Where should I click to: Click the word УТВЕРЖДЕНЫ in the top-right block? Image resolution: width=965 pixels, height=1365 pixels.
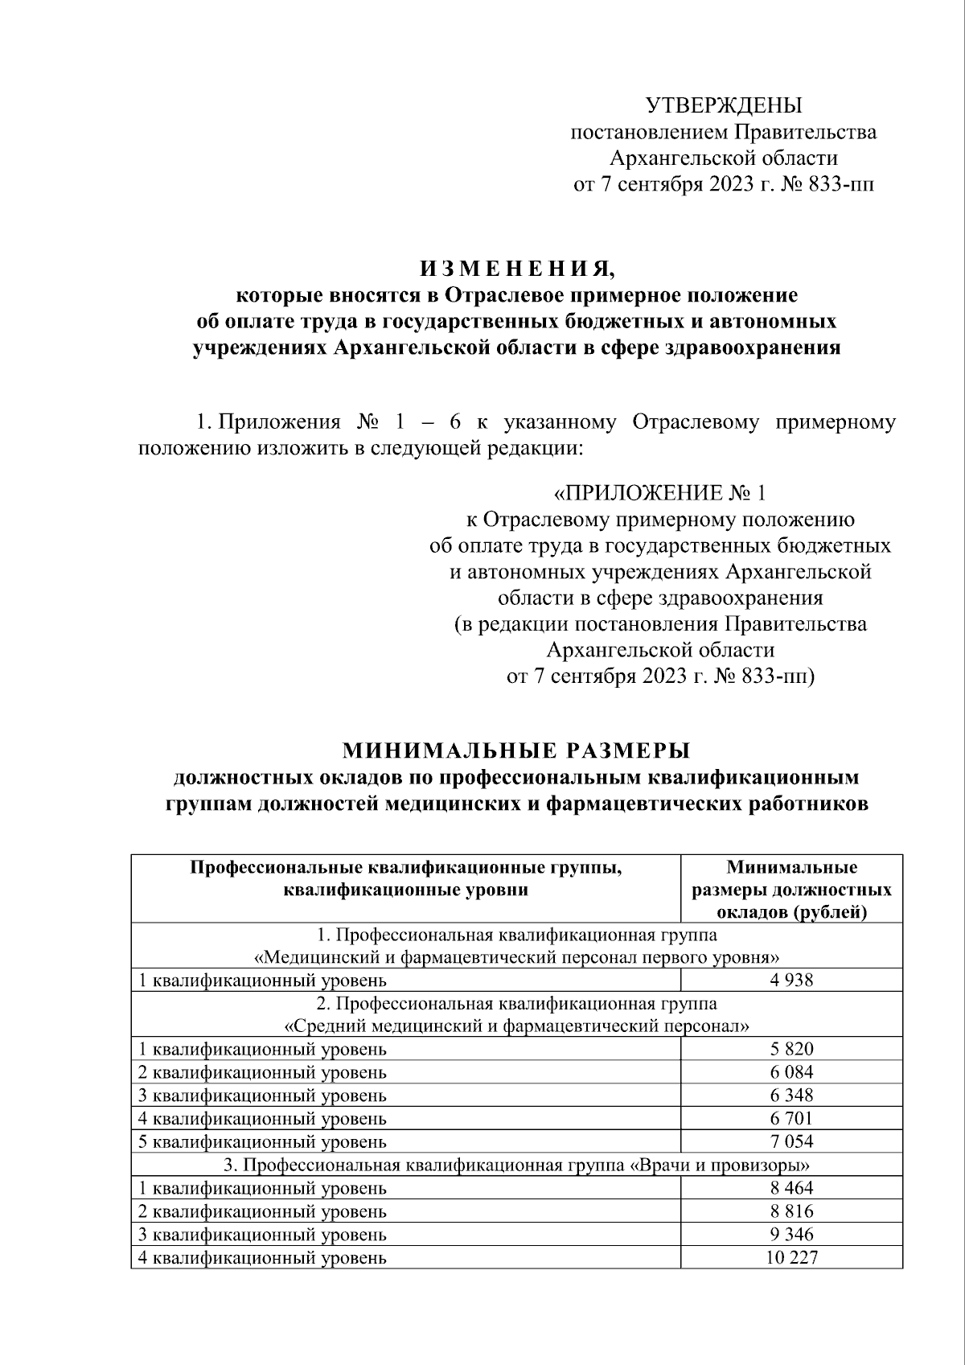tap(724, 105)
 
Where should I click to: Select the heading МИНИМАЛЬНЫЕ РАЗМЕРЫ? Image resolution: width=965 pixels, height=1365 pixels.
tap(516, 750)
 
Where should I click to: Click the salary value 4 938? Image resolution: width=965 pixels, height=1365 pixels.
tap(790, 980)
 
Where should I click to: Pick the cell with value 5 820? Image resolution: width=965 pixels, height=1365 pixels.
tap(790, 1049)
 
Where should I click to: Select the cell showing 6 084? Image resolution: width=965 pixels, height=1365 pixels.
tap(790, 1072)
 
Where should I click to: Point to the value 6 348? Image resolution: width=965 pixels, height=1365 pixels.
tap(790, 1096)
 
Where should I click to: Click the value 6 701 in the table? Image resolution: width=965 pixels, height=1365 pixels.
tap(790, 1118)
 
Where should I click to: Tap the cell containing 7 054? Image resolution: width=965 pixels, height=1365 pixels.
tap(790, 1141)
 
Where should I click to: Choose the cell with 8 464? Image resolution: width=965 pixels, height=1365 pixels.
tap(790, 1188)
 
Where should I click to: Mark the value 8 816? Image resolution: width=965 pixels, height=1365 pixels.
tap(790, 1211)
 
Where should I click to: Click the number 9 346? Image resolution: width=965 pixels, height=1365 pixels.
tap(790, 1234)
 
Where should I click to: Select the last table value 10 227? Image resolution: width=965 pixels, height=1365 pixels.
tap(790, 1257)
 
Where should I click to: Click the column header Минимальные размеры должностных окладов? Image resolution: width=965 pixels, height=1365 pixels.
tap(791, 890)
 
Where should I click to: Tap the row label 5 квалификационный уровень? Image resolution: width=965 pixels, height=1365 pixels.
tap(262, 1141)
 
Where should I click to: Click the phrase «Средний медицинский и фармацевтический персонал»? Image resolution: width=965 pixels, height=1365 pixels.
tap(517, 1026)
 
